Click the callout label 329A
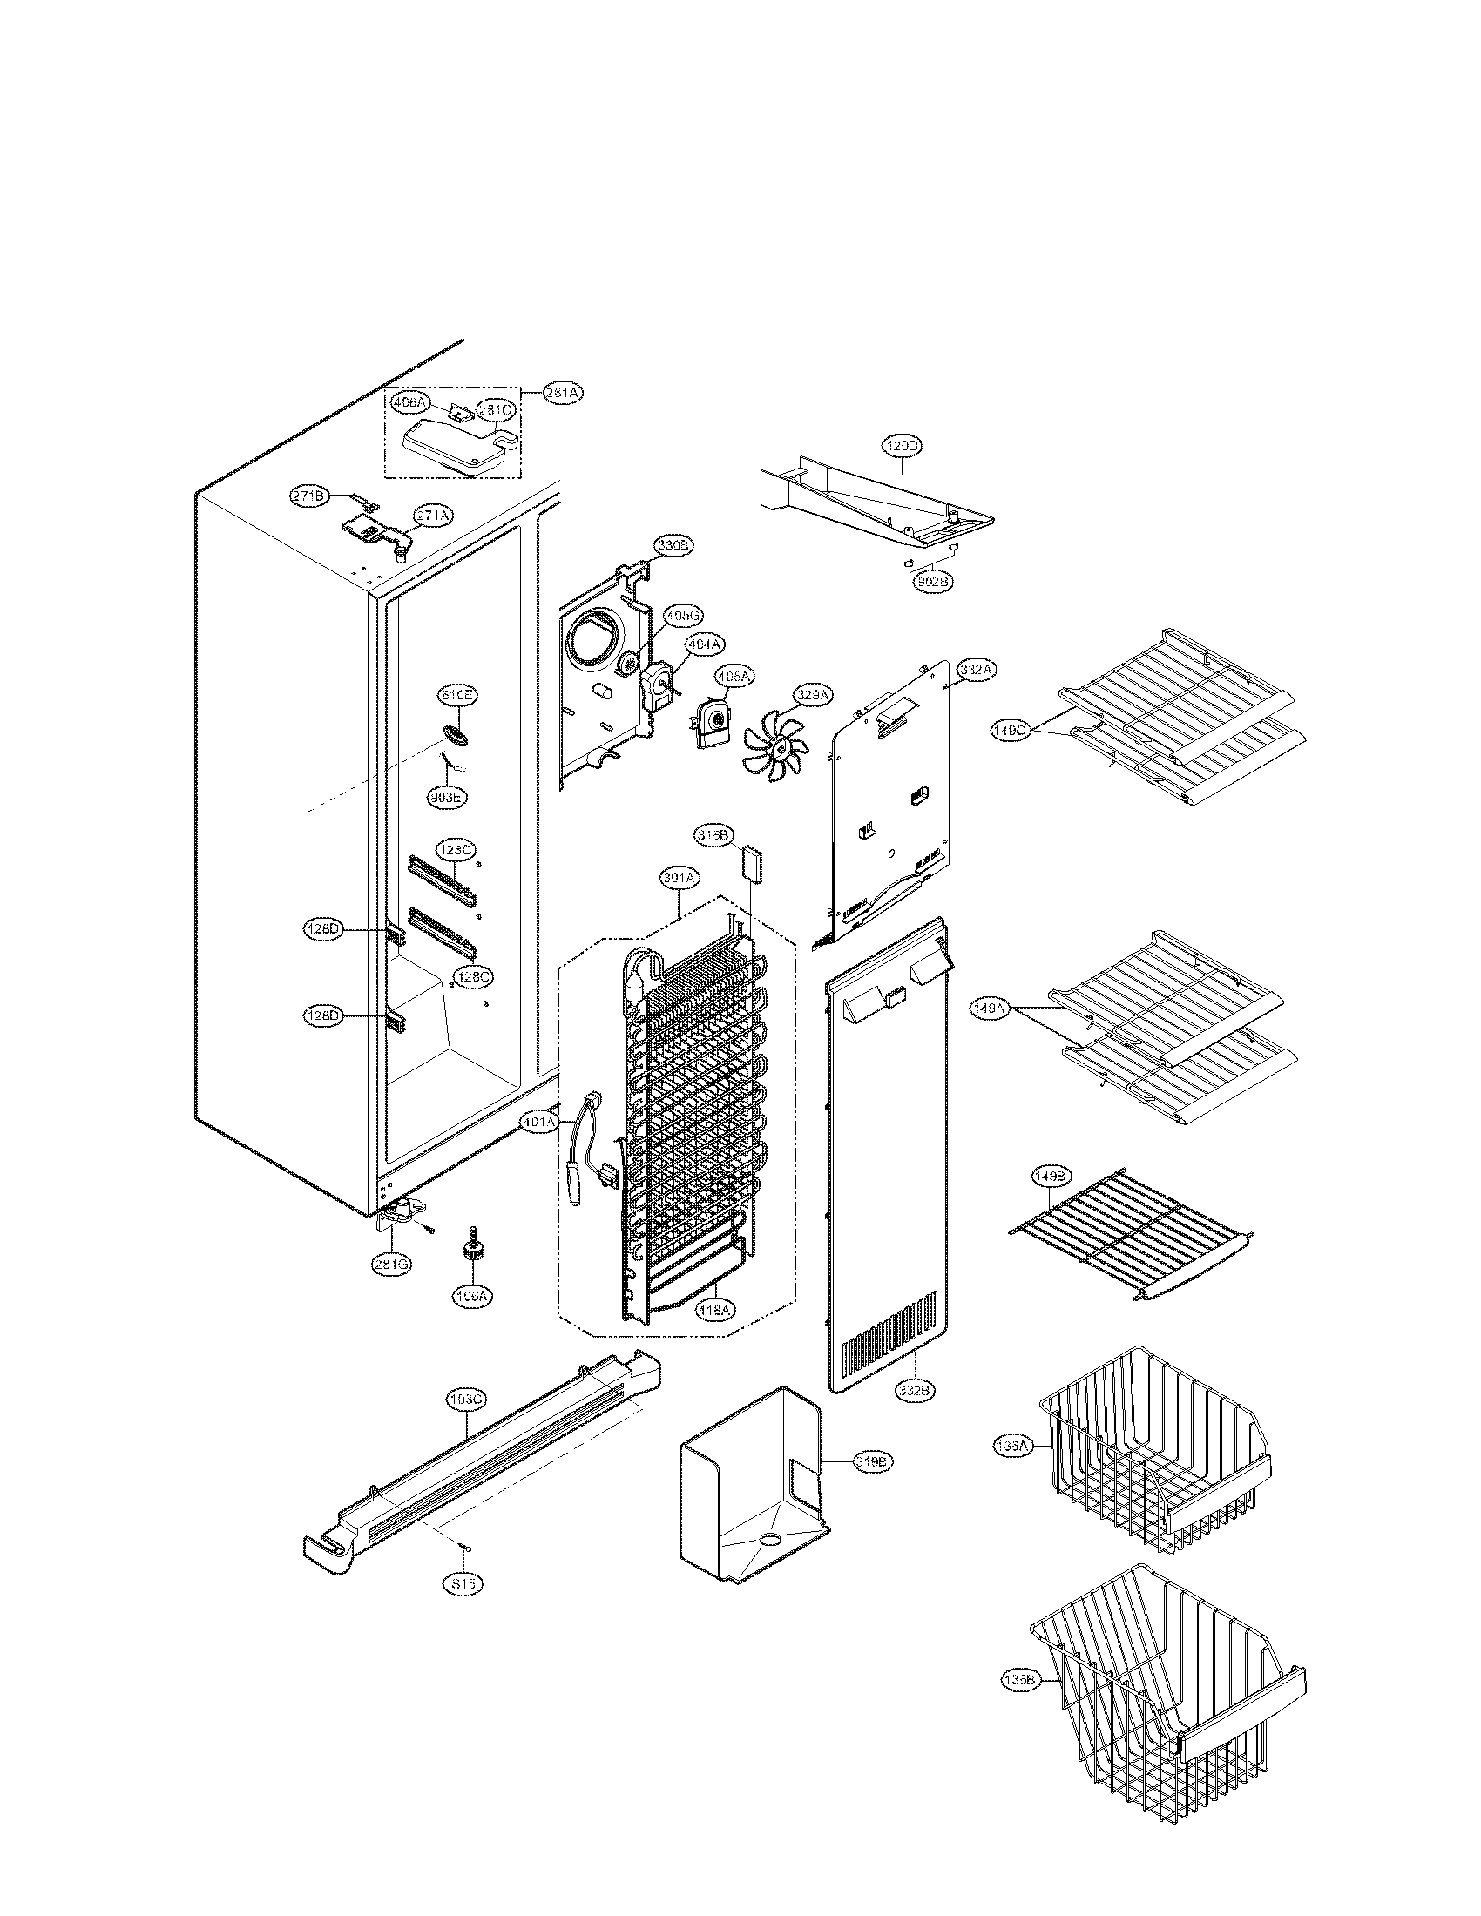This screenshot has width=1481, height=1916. (813, 695)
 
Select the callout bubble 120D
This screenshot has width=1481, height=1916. (902, 446)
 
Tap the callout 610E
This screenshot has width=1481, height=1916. (458, 696)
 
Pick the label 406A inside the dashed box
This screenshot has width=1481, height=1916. (409, 402)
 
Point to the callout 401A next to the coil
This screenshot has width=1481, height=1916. (538, 1121)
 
